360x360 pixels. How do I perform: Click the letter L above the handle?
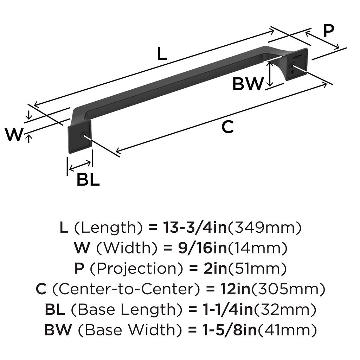162,54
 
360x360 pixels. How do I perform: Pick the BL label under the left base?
88,180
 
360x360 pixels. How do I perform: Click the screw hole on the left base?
83,136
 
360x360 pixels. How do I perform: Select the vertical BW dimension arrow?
270,74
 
